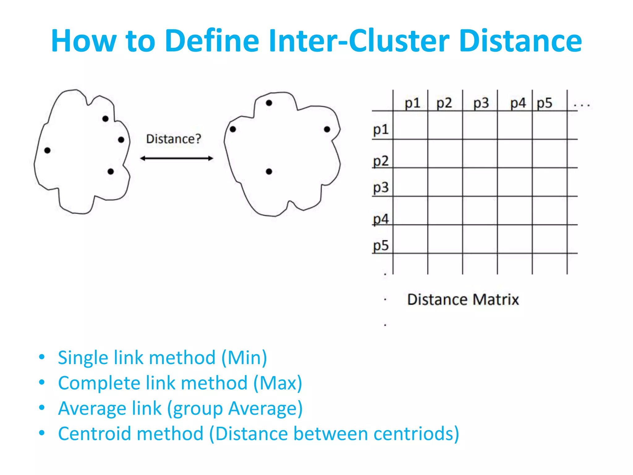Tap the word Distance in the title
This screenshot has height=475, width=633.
click(x=520, y=41)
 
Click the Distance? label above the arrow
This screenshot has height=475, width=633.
click(x=173, y=139)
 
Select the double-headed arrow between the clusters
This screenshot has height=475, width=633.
click(x=176, y=158)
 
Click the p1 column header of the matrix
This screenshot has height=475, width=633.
click(x=412, y=103)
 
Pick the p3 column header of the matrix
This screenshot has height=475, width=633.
click(x=481, y=103)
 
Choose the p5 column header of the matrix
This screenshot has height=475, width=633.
click(x=544, y=103)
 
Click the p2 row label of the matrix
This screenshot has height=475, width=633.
click(x=380, y=161)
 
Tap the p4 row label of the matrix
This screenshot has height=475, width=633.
click(x=380, y=219)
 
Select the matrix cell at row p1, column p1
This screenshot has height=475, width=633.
click(x=410, y=125)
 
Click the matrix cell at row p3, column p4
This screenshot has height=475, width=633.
click(x=515, y=182)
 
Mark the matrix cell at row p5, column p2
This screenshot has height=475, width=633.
click(x=445, y=239)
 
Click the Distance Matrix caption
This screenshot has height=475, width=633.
click(x=463, y=299)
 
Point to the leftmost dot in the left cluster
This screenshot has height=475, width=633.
click(x=47, y=150)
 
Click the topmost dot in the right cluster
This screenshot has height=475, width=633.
click(x=269, y=103)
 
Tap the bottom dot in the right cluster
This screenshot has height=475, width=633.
click(x=269, y=171)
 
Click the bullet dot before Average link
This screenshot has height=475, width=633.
click(x=42, y=408)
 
